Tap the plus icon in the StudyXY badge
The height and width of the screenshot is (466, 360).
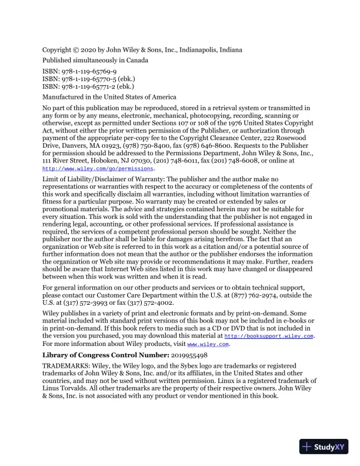(306, 447)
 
